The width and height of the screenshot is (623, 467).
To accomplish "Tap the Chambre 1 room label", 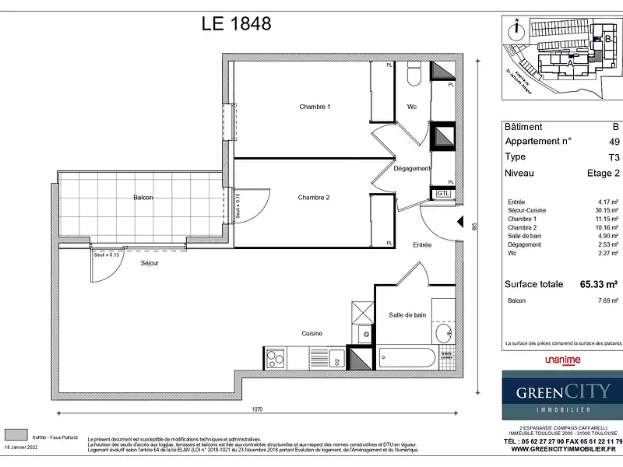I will click(x=315, y=107).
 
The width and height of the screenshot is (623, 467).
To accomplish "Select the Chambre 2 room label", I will click(x=314, y=198).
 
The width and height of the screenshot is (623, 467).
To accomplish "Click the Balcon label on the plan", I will click(x=143, y=198).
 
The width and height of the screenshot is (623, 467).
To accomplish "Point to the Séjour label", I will click(x=150, y=263).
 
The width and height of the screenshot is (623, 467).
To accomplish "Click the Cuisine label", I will click(x=312, y=333).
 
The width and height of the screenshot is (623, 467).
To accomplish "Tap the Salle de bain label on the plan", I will click(x=407, y=314).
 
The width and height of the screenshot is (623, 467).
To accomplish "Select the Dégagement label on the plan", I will click(x=411, y=168).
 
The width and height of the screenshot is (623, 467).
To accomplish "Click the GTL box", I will click(x=442, y=193).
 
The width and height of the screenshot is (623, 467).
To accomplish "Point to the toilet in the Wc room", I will click(x=414, y=76).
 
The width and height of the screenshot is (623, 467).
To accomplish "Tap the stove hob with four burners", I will click(x=276, y=359).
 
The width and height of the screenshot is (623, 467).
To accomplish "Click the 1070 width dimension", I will click(x=258, y=409).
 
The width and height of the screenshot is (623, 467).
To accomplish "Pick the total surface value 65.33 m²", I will click(x=599, y=284).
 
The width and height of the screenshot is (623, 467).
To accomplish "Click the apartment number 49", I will click(x=614, y=141).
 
